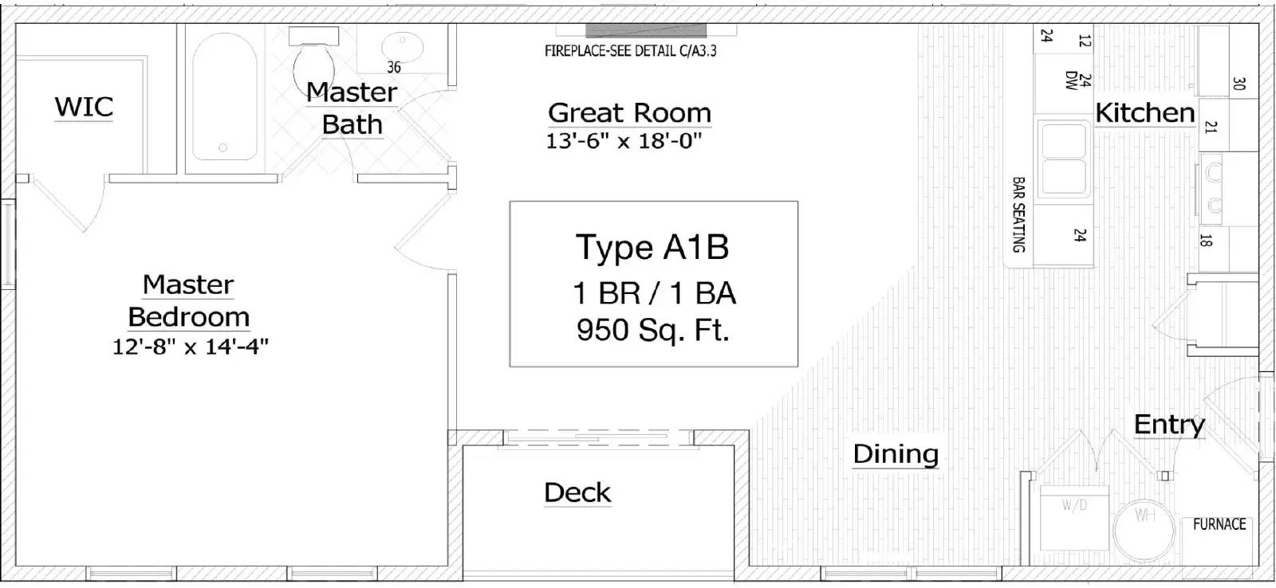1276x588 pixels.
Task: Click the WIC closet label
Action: pyautogui.click(x=85, y=107)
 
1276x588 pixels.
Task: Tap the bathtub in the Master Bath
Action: pyautogui.click(x=225, y=96)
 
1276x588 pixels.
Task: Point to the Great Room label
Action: pyautogui.click(x=629, y=112)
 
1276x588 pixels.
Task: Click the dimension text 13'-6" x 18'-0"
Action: pyautogui.click(x=624, y=140)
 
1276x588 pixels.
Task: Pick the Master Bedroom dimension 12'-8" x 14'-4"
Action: pyautogui.click(x=191, y=346)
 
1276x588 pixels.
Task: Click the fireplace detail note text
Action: pyautogui.click(x=631, y=51)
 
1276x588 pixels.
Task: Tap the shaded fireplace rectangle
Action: pyautogui.click(x=646, y=31)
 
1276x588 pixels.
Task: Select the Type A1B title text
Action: pyautogui.click(x=652, y=248)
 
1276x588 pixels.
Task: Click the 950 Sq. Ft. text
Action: pyautogui.click(x=653, y=330)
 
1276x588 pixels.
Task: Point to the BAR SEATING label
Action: pyautogui.click(x=1018, y=214)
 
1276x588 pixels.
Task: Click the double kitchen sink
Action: pyautogui.click(x=1064, y=159)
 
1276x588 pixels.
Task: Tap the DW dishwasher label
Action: pyautogui.click(x=1071, y=80)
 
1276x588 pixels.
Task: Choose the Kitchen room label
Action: pyautogui.click(x=1145, y=112)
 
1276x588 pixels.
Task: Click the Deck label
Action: pyautogui.click(x=577, y=492)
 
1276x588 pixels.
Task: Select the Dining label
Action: pyautogui.click(x=896, y=453)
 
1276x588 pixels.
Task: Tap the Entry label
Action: pyautogui.click(x=1169, y=425)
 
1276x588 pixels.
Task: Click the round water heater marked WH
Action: pyautogui.click(x=1144, y=530)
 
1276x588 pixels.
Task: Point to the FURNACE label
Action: pyautogui.click(x=1219, y=523)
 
